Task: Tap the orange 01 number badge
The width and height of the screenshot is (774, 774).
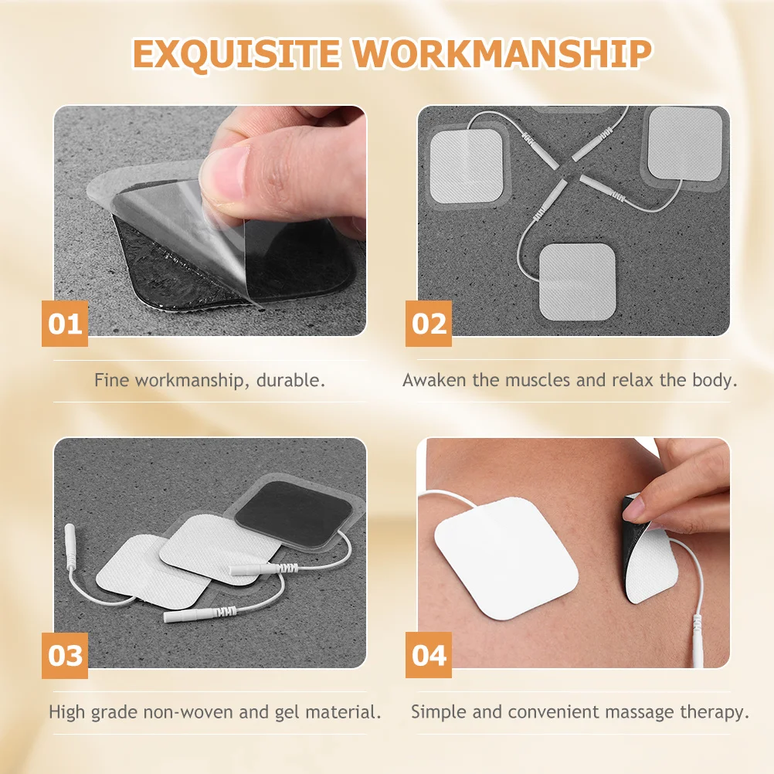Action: pyautogui.click(x=65, y=323)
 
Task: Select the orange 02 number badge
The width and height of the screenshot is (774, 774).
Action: pyautogui.click(x=429, y=323)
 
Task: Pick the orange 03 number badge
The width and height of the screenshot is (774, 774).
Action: pyautogui.click(x=65, y=655)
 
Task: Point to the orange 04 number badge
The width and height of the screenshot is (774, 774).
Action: pyautogui.click(x=429, y=655)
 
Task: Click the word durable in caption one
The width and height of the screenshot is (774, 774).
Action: pyautogui.click(x=295, y=380)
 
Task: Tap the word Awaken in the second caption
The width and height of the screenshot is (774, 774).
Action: pyautogui.click(x=435, y=380)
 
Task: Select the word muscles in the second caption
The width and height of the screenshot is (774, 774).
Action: pyautogui.click(x=538, y=380)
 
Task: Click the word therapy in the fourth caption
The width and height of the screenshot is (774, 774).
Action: pyautogui.click(x=717, y=711)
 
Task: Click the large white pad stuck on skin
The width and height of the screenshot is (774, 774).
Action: pyautogui.click(x=506, y=555)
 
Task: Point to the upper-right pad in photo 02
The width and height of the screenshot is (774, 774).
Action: pyautogui.click(x=684, y=143)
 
